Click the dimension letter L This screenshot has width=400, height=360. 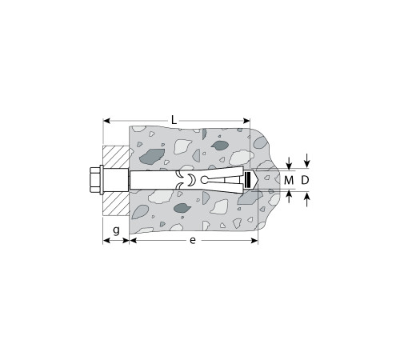[174, 120]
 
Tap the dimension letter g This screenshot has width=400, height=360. [116, 230]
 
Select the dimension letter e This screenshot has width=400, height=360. [193, 241]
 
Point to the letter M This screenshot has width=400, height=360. [289, 181]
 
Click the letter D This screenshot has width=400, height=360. [305, 181]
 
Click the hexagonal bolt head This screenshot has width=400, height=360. [94, 180]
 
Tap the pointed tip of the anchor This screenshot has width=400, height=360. [258, 181]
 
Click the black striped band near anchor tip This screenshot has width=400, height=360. [247, 180]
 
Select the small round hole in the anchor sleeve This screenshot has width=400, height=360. [204, 180]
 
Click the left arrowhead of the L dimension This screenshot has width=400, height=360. [106, 121]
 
